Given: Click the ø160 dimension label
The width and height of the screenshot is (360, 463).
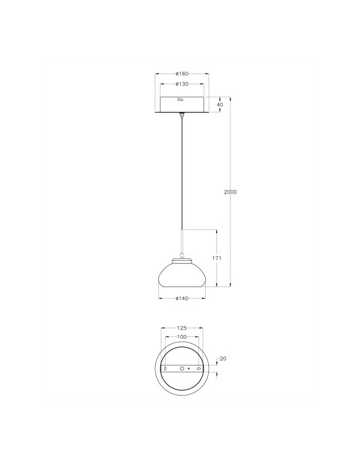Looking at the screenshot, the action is coord(182,74).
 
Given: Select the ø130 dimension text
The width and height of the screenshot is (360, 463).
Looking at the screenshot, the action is coord(182,84).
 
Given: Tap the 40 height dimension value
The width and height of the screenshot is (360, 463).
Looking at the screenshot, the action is coord(220,104).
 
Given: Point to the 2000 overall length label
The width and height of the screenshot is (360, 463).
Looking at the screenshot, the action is coord(230,192).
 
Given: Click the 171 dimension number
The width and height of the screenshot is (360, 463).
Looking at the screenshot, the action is coord(217,258).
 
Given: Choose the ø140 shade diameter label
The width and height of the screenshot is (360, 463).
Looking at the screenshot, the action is coord(182,298).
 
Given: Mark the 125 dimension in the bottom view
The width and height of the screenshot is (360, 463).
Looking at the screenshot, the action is coord(182,328).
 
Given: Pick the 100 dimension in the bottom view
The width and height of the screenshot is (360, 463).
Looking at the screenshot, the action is coord(182,336).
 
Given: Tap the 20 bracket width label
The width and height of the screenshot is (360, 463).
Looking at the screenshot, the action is coord(223,359).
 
